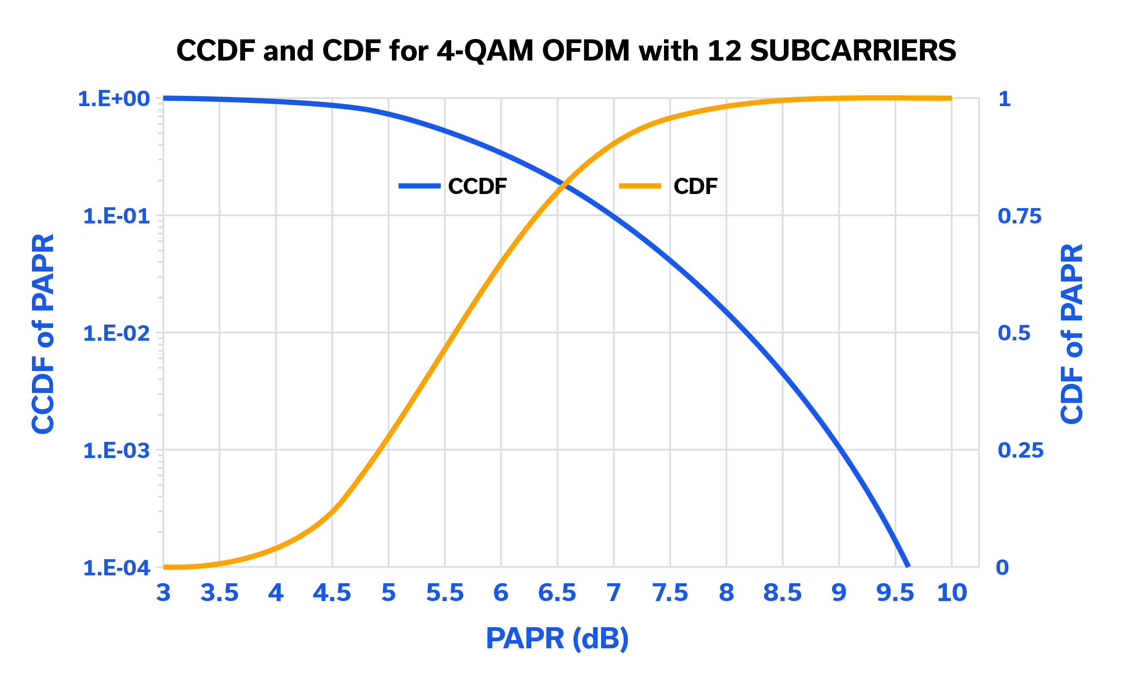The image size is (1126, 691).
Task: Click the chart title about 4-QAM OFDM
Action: coord(566,50)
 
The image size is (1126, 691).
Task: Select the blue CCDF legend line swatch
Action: coord(419,186)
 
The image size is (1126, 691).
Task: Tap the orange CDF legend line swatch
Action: coord(640,186)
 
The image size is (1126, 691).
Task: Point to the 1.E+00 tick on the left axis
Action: coord(114,99)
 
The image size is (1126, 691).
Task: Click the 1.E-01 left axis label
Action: coord(116,216)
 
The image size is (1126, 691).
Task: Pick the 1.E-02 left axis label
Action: coord(116,334)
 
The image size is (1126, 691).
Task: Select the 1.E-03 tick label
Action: coord(116,451)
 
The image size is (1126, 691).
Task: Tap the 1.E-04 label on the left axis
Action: coord(116,568)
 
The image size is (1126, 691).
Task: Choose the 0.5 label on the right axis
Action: coord(1014,333)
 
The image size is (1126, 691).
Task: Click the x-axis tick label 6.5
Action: coord(557,593)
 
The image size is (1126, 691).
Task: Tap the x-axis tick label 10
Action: coord(952,593)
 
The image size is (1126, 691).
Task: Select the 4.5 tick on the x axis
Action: coord(332,593)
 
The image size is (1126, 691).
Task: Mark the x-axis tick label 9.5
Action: coord(895,593)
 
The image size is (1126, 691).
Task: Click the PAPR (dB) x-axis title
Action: coord(557,638)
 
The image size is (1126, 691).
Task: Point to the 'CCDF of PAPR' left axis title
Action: coord(43,334)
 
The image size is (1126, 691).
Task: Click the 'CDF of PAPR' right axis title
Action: coord(1072,334)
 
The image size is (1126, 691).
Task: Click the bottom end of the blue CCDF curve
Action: coord(908,566)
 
